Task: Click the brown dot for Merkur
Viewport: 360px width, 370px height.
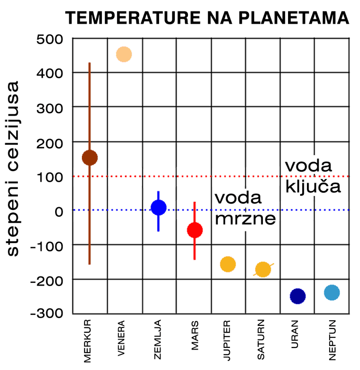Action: click(90, 157)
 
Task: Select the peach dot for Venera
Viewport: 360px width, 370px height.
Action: click(124, 55)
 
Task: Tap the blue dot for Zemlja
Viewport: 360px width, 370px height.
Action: click(158, 208)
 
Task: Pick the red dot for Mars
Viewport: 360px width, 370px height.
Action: click(195, 230)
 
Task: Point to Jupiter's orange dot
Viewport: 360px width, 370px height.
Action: click(228, 265)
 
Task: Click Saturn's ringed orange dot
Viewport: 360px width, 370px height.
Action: click(263, 269)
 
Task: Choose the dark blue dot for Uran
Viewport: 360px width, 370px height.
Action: click(298, 296)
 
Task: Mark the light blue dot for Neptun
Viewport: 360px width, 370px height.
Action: click(332, 293)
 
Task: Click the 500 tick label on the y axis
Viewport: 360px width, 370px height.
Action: click(50, 39)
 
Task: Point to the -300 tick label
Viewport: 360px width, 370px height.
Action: click(47, 313)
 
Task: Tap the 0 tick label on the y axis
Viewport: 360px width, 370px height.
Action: click(59, 212)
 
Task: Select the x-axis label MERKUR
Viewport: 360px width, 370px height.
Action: click(87, 341)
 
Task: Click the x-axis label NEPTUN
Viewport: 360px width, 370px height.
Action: click(332, 340)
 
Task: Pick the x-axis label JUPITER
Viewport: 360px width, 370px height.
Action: click(227, 340)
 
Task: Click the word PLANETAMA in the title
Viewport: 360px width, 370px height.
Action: click(294, 18)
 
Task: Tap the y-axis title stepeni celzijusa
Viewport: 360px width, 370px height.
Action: click(13, 168)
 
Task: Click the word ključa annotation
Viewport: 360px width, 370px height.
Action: click(313, 186)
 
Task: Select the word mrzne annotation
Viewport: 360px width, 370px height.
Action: click(246, 218)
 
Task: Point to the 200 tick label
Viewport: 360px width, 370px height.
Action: click(50, 143)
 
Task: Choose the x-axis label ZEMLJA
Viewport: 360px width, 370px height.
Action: click(157, 340)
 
